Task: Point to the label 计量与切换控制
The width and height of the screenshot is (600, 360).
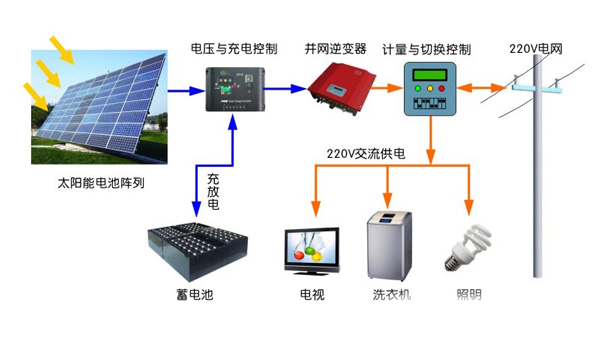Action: pyautogui.click(x=428, y=48)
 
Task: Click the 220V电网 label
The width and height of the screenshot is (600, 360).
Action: pyautogui.click(x=536, y=48)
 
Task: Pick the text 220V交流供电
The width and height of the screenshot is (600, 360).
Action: pyautogui.click(x=366, y=155)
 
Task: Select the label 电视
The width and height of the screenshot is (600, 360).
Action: pyautogui.click(x=312, y=296)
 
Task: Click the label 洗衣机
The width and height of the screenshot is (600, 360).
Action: pyautogui.click(x=391, y=296)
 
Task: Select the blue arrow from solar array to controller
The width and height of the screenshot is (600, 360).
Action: pyautogui.click(x=181, y=90)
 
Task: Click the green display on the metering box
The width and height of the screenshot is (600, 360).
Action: pyautogui.click(x=429, y=74)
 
